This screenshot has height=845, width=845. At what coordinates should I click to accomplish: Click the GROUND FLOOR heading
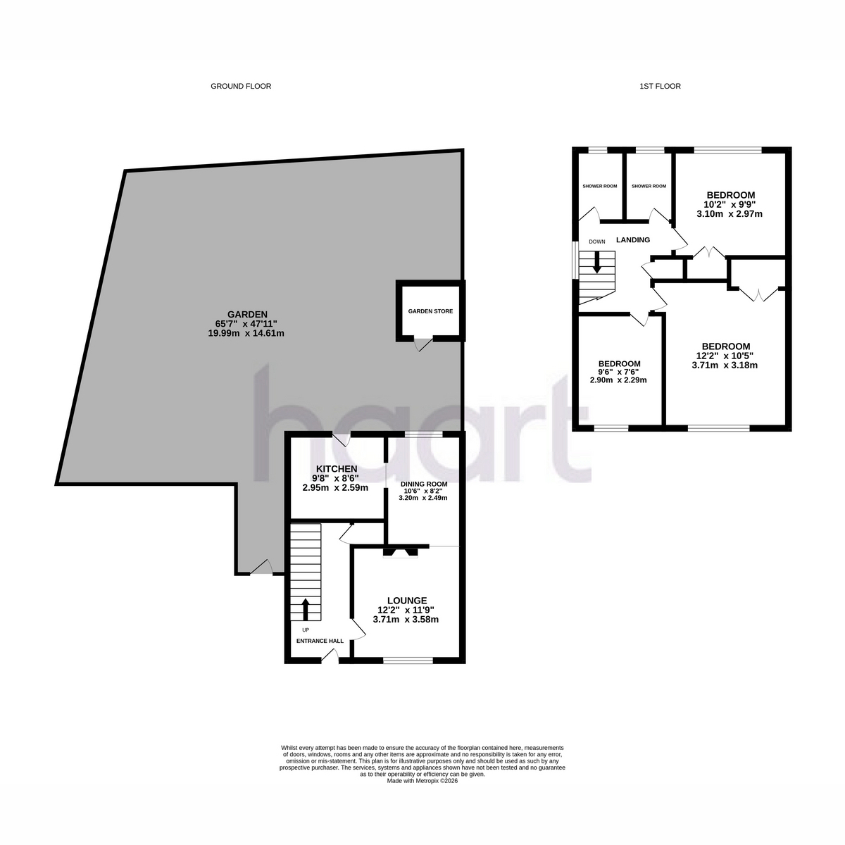click(x=241, y=87)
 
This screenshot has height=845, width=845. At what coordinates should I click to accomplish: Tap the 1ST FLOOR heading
click(x=660, y=87)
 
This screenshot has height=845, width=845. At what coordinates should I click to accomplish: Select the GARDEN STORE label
click(x=430, y=311)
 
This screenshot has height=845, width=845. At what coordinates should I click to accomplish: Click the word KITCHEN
click(x=337, y=469)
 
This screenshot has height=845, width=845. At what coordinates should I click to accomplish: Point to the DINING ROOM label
click(x=424, y=484)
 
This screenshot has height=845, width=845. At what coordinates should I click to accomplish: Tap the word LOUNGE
click(x=406, y=601)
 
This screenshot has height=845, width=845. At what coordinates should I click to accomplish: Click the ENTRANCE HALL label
click(x=320, y=641)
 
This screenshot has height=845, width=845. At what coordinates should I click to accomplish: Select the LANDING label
click(x=633, y=240)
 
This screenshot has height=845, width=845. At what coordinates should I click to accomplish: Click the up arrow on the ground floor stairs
click(x=305, y=610)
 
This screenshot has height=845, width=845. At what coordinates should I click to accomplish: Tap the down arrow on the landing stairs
click(x=596, y=262)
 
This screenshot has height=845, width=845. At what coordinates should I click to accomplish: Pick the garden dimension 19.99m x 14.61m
click(x=246, y=334)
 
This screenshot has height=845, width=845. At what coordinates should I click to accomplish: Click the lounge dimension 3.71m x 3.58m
click(x=406, y=620)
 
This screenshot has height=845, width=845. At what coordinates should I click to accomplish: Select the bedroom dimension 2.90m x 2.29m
click(x=618, y=380)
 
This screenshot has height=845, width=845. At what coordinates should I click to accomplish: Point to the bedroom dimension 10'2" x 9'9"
click(x=730, y=204)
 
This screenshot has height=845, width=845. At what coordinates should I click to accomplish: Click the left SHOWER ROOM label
click(x=599, y=187)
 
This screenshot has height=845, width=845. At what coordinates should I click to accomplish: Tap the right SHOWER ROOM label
click(x=649, y=187)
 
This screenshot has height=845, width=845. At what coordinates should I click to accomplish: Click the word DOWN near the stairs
click(x=597, y=242)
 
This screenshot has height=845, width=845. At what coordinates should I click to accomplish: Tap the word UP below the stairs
click(x=306, y=630)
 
